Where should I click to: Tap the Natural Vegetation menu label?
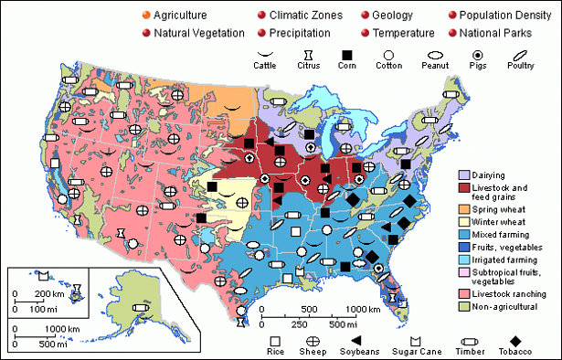coord(199,33)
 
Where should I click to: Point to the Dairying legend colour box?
coord(463,175)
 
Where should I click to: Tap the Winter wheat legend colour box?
coord(463,222)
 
